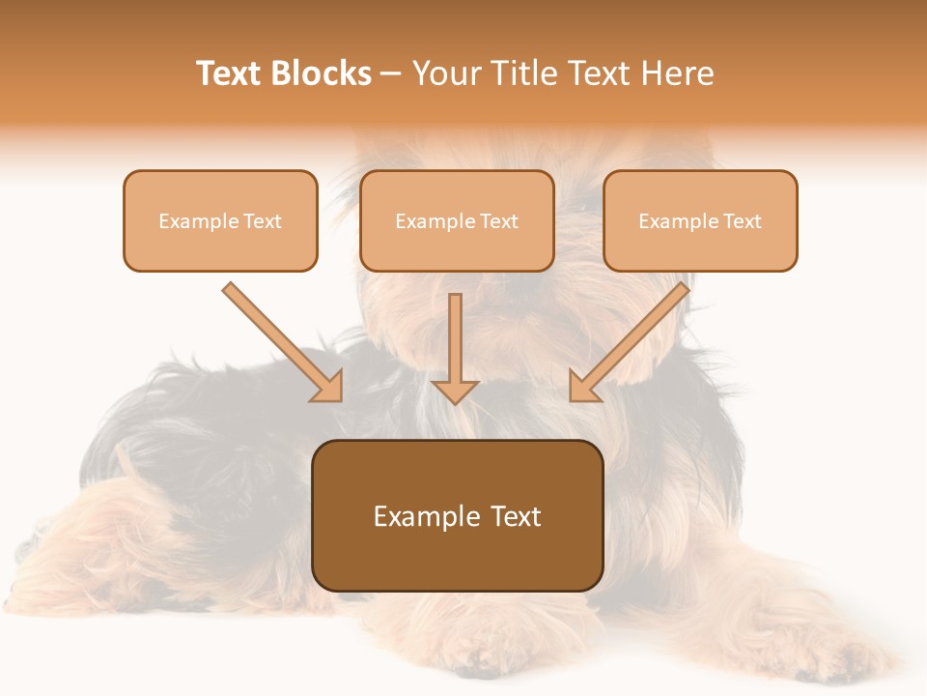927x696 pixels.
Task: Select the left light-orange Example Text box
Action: tap(220, 220)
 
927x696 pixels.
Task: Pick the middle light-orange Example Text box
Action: tap(457, 220)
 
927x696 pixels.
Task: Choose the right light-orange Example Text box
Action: tap(700, 220)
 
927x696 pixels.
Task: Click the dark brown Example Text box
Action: tap(458, 515)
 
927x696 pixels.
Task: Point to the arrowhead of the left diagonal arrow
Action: tap(328, 387)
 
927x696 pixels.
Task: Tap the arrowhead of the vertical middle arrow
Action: tap(455, 391)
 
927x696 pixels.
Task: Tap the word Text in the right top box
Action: tap(744, 221)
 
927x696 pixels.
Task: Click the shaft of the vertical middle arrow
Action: tap(455, 333)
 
